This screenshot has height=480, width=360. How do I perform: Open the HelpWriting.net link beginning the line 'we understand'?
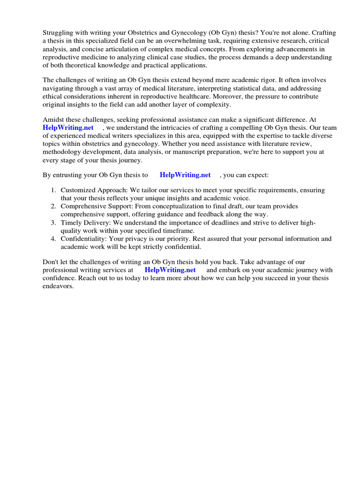coord(68,128)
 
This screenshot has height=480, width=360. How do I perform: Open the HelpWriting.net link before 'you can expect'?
coord(185,175)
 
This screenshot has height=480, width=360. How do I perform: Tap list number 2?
coord(53,206)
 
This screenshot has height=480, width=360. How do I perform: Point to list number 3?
coord(53,223)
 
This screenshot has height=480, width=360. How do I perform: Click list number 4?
coord(53,239)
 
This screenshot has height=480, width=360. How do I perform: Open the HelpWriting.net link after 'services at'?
coord(170,270)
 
